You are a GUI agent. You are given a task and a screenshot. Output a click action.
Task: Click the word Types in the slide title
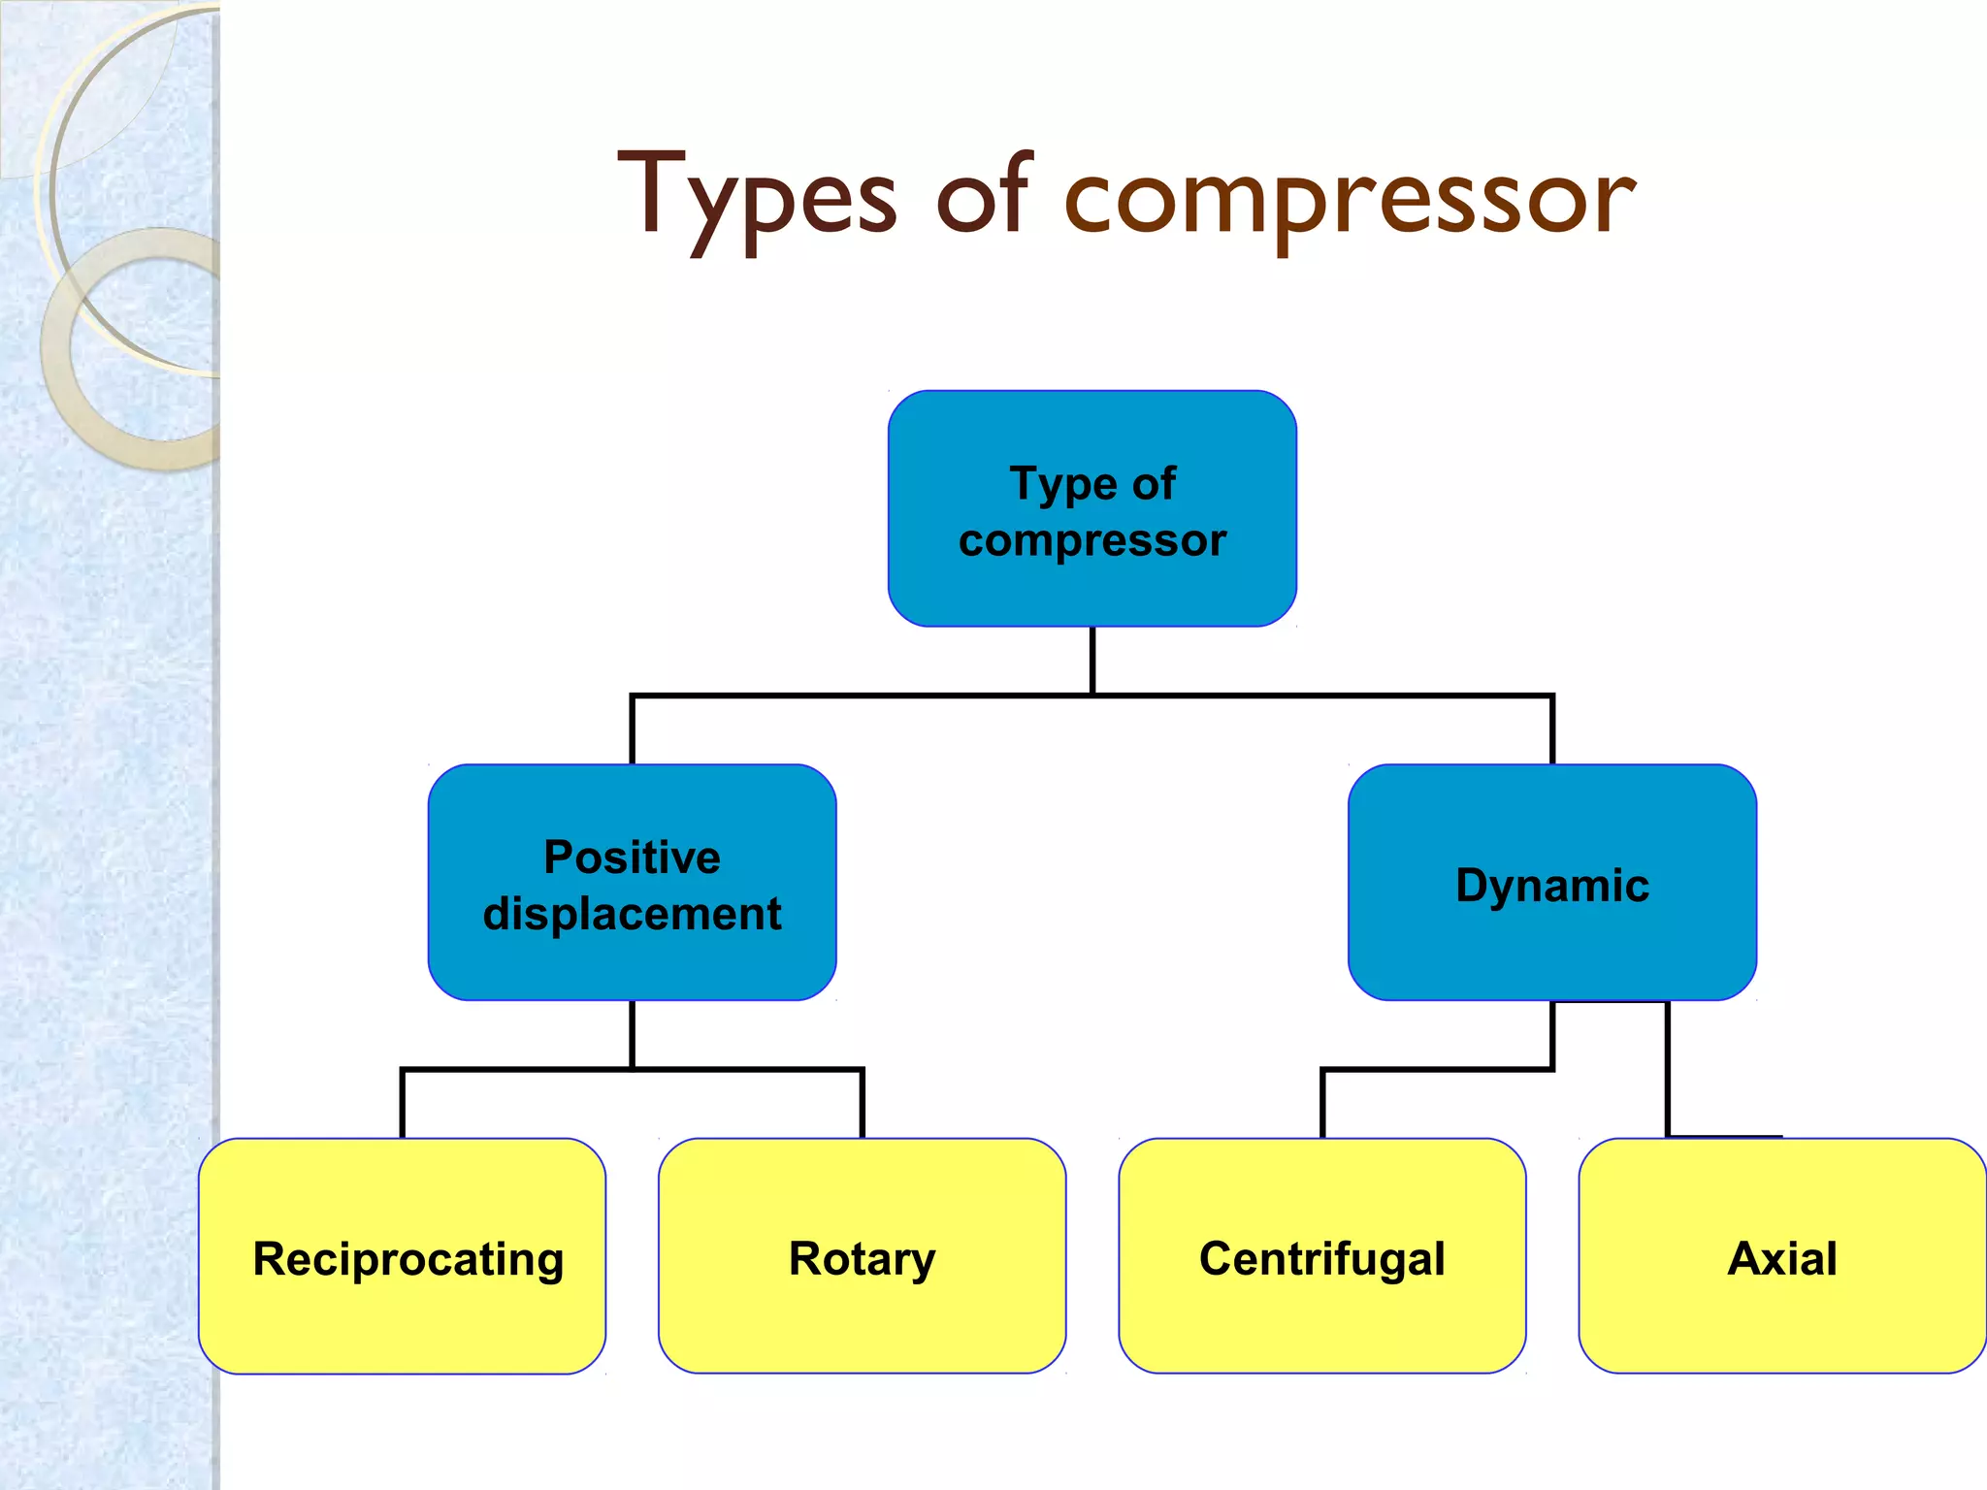[757, 199]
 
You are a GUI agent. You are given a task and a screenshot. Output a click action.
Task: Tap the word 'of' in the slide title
[981, 194]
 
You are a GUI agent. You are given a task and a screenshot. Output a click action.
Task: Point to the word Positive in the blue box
[632, 858]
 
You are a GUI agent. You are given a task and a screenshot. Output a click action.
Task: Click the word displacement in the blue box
[632, 914]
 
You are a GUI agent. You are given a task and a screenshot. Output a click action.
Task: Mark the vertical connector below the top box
[1092, 660]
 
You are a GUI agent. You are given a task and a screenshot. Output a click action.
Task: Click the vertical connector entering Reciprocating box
[403, 1104]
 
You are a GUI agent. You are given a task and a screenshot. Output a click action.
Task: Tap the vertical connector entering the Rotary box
[862, 1104]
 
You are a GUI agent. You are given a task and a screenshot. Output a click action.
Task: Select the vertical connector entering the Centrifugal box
[1322, 1104]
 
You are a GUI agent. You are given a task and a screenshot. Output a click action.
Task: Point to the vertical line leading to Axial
[1667, 1067]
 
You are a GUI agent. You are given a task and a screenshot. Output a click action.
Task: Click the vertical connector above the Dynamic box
[1552, 729]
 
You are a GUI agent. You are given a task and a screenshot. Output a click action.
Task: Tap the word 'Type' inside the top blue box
[1062, 484]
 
